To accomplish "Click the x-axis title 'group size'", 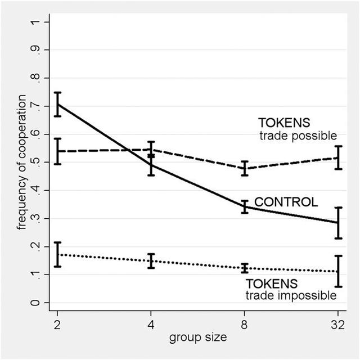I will [x=197, y=338].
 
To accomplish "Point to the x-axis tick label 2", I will [x=57, y=325].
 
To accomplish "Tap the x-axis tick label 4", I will [x=151, y=325].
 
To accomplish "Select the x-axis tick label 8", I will [x=244, y=325].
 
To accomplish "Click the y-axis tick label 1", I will [x=37, y=22].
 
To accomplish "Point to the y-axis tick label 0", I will [x=37, y=303].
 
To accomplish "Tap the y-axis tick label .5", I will [x=37, y=163].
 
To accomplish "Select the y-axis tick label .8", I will [x=37, y=78].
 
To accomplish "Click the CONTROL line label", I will [x=286, y=202].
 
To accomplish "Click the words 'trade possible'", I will [x=298, y=136].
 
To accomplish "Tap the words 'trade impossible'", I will [x=291, y=295].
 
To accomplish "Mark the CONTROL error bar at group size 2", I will [x=57, y=104].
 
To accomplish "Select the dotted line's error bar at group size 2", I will [x=57, y=254].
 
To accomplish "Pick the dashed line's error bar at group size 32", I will [x=337, y=157].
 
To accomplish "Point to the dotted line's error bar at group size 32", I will [x=337, y=271].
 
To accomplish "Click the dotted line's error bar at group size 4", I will [x=151, y=261].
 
